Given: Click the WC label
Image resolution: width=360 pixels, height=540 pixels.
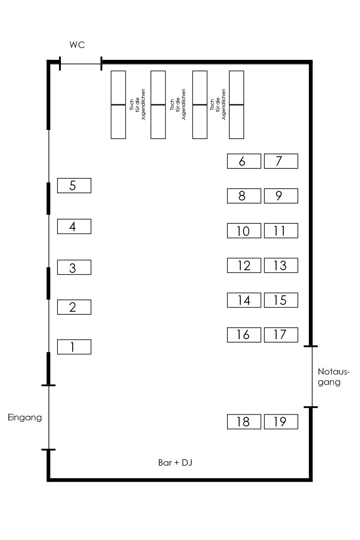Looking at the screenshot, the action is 77,45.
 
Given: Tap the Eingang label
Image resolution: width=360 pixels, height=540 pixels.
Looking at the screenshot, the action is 25,418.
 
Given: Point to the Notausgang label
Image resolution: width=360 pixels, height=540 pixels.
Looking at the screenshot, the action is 333,377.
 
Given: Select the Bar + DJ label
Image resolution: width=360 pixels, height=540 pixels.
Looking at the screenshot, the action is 175,463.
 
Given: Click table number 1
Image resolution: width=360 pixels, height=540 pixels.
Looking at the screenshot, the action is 74,347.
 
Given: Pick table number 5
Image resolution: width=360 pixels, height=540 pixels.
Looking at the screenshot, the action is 74,186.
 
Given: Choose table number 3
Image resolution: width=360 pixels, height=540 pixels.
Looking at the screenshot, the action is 74,268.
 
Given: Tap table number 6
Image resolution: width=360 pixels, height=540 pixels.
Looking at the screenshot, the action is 244,161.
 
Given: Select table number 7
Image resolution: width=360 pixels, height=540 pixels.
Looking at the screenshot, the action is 281,161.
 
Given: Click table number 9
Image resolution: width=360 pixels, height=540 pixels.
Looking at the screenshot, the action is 281,196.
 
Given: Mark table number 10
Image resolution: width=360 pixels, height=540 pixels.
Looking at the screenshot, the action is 244,231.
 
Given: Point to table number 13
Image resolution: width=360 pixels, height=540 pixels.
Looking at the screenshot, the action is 281,265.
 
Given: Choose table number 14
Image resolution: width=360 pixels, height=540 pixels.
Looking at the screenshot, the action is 244,300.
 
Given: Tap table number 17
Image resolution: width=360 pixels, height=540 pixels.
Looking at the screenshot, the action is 281,335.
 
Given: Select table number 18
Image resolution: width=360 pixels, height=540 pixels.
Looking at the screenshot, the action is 244,421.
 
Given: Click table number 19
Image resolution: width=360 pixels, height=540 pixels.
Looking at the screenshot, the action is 281,421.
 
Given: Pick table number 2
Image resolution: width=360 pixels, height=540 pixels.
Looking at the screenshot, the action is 74,307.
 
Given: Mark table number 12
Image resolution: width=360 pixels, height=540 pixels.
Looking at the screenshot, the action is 244,265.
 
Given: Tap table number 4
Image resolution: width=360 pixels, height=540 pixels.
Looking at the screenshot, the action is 74,226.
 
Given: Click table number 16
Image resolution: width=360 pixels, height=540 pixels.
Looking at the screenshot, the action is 244,335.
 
